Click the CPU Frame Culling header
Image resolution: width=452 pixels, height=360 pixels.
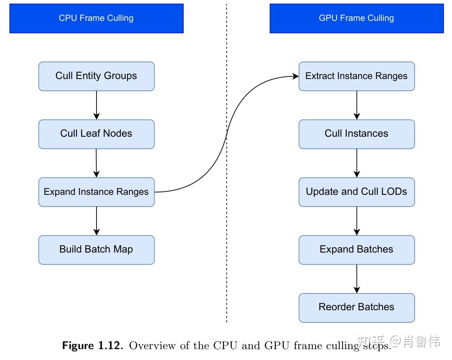pyautogui.click(x=96, y=18)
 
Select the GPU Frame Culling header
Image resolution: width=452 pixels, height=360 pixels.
pyautogui.click(x=356, y=18)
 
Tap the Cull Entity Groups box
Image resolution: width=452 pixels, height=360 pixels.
pyautogui.click(x=96, y=76)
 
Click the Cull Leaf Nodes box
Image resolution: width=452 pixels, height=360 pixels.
pyautogui.click(x=96, y=134)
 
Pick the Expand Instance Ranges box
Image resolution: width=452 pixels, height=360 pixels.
pyautogui.click(x=96, y=192)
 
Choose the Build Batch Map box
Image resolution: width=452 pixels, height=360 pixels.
pyautogui.click(x=96, y=250)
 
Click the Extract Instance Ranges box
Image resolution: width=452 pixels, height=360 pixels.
pyautogui.click(x=356, y=76)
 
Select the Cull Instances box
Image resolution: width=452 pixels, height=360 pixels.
pyautogui.click(x=356, y=134)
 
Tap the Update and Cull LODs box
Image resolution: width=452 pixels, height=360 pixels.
pyautogui.click(x=356, y=192)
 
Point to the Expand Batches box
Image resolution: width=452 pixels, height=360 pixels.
pyautogui.click(x=356, y=250)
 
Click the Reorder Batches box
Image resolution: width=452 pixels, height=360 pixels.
pyautogui.click(x=356, y=307)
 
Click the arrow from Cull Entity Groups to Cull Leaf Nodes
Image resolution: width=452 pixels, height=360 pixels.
pyautogui.click(x=96, y=105)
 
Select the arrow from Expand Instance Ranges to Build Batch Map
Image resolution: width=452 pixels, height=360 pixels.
pyautogui.click(x=96, y=221)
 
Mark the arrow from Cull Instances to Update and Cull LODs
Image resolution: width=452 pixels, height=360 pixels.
pyautogui.click(x=357, y=163)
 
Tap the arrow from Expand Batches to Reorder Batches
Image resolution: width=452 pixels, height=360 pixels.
pyautogui.click(x=357, y=278)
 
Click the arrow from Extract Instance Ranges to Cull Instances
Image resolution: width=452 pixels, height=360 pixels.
pyautogui.click(x=357, y=105)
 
